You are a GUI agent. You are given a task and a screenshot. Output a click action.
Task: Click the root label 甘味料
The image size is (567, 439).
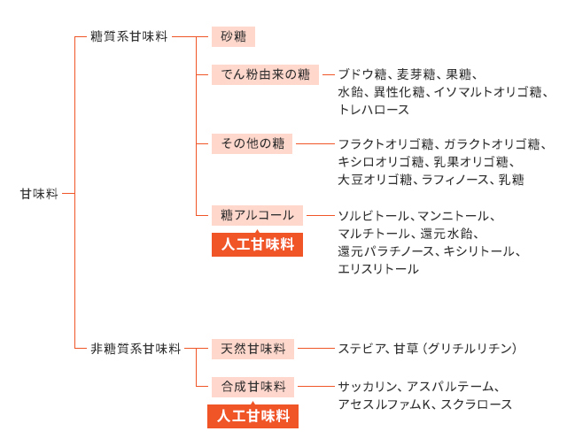[x=39, y=194]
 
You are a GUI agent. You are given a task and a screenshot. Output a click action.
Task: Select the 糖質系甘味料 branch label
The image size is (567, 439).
[x=128, y=36]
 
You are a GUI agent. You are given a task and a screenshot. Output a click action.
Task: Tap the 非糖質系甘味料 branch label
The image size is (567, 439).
[x=136, y=349]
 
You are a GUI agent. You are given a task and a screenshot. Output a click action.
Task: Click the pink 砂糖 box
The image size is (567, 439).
[x=233, y=36]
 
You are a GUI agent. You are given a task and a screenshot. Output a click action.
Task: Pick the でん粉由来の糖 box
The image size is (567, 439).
[x=265, y=75]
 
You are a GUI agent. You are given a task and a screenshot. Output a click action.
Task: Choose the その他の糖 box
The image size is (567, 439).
[x=252, y=143]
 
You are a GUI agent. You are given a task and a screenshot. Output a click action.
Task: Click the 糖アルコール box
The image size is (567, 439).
[x=257, y=215]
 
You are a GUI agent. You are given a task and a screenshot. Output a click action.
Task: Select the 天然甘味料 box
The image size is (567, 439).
[x=252, y=349]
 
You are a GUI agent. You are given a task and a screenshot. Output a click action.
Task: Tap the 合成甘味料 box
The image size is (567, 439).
[x=252, y=387]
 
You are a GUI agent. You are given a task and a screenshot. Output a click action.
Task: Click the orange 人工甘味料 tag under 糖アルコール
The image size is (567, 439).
[x=257, y=244]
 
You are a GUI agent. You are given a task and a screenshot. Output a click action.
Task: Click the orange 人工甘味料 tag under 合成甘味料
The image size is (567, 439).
[x=252, y=416]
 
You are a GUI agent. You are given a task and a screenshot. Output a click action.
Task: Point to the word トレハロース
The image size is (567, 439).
[x=374, y=110]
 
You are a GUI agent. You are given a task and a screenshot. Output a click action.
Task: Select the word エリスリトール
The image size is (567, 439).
[x=378, y=269]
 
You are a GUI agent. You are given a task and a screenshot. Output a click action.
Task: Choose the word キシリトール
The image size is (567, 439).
[x=478, y=251]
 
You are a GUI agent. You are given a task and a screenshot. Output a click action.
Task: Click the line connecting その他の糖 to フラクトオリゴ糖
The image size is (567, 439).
[x=315, y=143]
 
